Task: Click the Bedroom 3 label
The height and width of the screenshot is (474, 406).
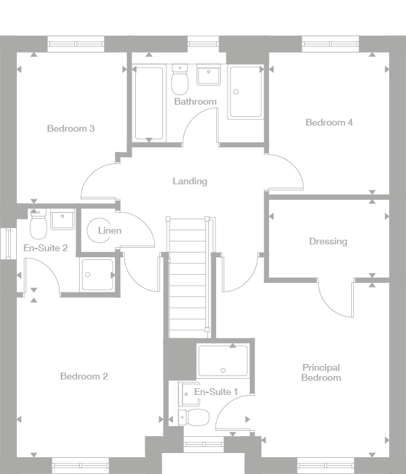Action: coord(70,128)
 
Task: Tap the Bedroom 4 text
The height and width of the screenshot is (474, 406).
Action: coord(329,122)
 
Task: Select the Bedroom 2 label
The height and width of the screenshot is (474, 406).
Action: coord(84,376)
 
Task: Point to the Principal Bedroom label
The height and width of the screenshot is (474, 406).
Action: coord(321,373)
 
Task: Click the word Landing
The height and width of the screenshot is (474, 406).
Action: coord(190,181)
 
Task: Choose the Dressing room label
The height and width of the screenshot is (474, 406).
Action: coord(328,241)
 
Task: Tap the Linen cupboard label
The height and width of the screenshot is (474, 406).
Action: coord(109,231)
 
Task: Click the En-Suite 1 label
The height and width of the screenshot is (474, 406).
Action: coord(216,392)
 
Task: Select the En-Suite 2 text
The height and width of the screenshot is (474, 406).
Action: coord(45,248)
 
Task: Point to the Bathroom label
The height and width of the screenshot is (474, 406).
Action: coord(195,102)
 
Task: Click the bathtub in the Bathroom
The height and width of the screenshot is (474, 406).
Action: coord(149,103)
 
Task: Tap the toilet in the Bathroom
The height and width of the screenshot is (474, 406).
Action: coord(180,80)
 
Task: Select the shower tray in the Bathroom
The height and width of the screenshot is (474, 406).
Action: coord(245,92)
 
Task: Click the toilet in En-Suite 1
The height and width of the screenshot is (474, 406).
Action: coord(195,417)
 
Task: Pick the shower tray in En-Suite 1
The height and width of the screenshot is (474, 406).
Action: coord(222,361)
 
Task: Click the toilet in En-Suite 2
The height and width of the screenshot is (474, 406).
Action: coord(38,224)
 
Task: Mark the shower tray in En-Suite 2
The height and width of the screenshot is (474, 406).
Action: coord(97,274)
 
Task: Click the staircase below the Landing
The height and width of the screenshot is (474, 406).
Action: coord(187,277)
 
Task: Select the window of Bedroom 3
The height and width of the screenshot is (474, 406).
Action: coord(76,45)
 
